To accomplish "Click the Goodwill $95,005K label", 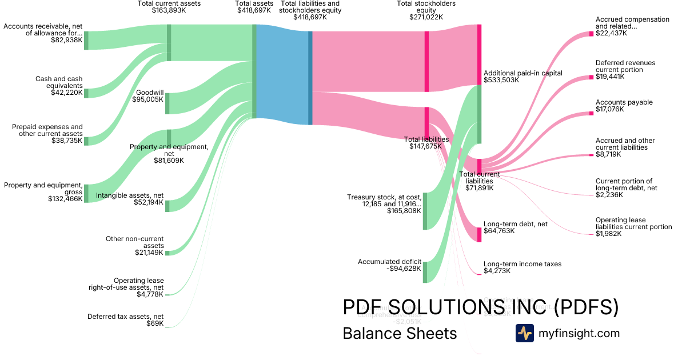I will tap(149, 95).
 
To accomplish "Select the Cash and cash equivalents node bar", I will tap(86, 93).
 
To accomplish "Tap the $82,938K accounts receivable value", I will tap(66, 40).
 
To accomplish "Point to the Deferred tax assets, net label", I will tap(125, 320).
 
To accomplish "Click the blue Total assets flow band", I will tap(282, 74).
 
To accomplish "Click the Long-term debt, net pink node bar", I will tap(479, 234).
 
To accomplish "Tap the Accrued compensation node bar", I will tap(592, 34).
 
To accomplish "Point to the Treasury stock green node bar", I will tap(425, 211).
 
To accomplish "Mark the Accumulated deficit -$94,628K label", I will tap(389, 265).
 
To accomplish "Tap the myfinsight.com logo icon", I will tap(524, 333).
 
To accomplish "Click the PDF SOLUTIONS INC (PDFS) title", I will tap(480, 307).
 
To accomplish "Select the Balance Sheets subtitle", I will tap(400, 333).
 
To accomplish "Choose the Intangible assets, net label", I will tap(130, 199).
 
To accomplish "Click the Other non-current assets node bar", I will tap(167, 253).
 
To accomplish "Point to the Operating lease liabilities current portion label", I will tap(633, 227).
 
